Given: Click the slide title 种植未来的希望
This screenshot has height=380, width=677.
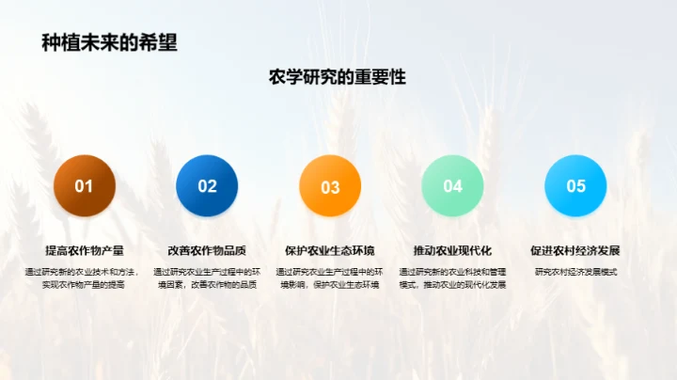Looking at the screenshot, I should point(109,42).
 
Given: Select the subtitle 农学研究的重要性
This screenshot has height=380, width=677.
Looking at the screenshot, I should point(338,77).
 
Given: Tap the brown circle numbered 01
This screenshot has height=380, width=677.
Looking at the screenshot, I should point(85,186).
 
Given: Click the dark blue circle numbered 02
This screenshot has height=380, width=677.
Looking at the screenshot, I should point(207,186).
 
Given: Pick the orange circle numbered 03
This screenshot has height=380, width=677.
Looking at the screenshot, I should point(330,186).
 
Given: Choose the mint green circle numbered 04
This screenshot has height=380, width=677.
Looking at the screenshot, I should point(452,186).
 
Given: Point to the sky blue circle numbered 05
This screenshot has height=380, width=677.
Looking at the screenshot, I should point(575,186).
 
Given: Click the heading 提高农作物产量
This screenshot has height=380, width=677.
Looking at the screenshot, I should point(85,251).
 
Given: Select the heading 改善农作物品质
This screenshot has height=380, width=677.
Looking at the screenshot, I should point(207,251).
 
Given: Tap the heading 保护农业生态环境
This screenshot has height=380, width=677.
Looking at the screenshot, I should point(330,251).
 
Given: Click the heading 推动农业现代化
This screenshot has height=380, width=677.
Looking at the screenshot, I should point(452,251).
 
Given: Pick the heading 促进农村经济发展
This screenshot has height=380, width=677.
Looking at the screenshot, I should point(575,251).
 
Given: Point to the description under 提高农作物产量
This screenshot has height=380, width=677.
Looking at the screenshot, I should point(85,277).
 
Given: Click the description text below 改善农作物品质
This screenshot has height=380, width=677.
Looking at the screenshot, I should point(207,277).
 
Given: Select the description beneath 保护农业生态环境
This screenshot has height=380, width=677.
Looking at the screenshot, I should point(330,277).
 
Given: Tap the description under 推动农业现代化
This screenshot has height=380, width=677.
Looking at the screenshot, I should point(452,277).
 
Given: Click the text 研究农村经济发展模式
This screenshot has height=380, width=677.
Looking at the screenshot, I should point(575,272).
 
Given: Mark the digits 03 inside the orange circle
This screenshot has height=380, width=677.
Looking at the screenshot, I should point(330,187).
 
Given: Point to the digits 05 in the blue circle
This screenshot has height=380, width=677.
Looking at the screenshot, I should point(575,186).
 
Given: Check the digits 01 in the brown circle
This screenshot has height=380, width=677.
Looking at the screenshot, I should point(85,186).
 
